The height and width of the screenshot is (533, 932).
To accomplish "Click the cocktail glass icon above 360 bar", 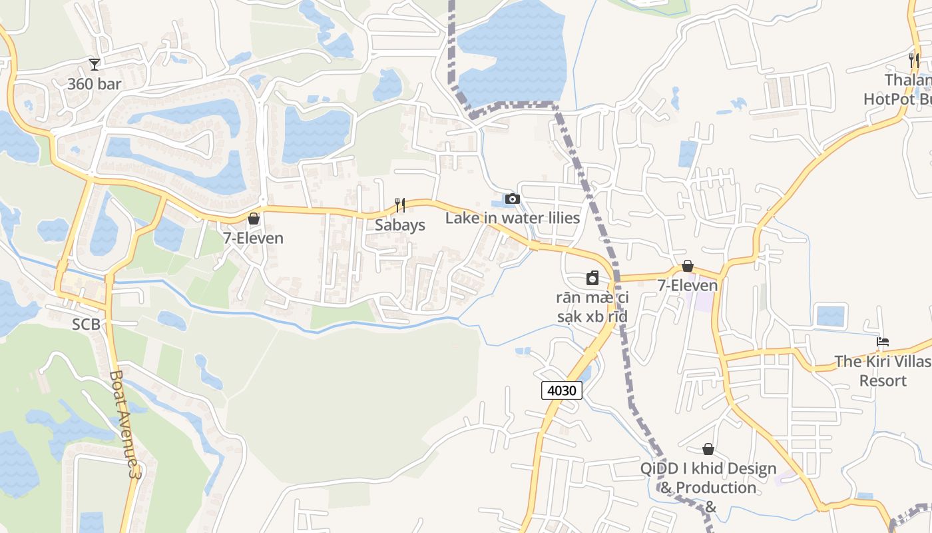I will [95, 64].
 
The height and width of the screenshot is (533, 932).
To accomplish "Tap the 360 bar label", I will [95, 84].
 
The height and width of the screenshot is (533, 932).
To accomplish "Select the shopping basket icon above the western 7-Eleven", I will [254, 219].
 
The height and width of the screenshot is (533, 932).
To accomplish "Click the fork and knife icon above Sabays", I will [399, 205].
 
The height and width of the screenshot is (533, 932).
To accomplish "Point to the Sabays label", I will [399, 225].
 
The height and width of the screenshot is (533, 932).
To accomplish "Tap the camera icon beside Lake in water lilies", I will [512, 199].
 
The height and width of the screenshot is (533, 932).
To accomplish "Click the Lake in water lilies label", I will [513, 218].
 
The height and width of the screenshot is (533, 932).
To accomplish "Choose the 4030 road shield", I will [561, 390].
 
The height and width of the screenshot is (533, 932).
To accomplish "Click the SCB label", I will [86, 324].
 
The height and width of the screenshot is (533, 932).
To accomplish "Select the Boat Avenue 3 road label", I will [126, 424].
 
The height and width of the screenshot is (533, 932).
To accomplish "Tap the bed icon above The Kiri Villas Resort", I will [883, 342].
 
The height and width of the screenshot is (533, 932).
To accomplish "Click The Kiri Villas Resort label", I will [883, 371].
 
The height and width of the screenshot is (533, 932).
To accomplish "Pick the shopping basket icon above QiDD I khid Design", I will [708, 449].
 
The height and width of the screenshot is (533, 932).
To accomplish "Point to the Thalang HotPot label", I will [898, 90].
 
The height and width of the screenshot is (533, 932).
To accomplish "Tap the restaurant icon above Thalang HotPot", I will [914, 60].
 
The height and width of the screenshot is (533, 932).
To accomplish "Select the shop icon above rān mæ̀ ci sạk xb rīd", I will [592, 278].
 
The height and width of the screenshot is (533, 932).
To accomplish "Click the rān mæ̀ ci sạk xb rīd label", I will [592, 307].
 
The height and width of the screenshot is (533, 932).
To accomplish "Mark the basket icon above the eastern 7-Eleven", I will [688, 266].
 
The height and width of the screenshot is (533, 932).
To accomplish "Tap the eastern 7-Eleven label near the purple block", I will [688, 286].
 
